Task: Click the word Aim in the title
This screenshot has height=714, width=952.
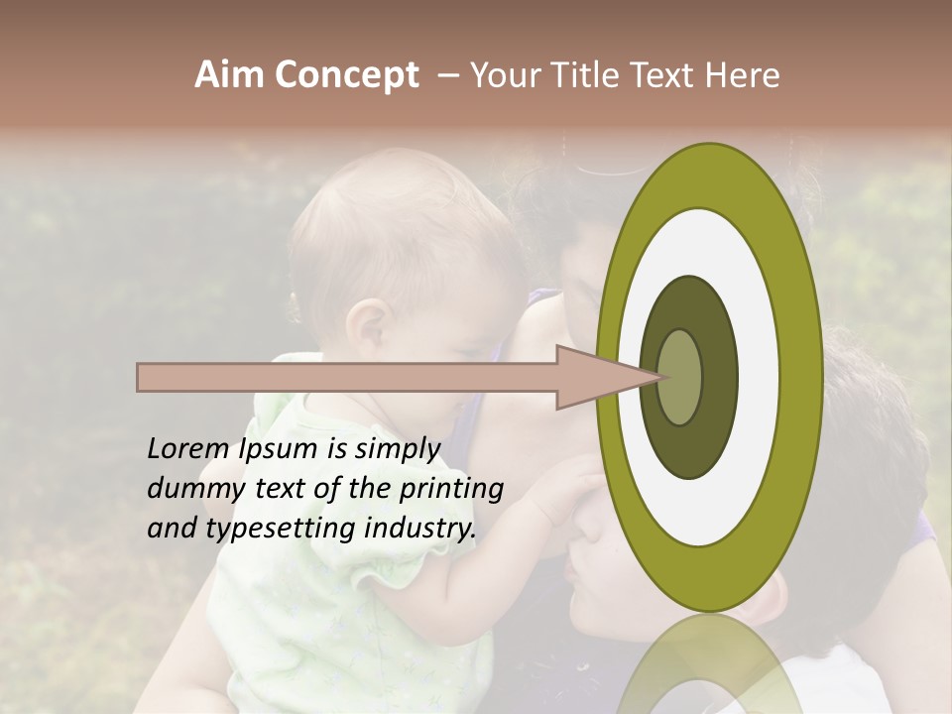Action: [x=229, y=75]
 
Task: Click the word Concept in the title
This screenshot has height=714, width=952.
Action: [x=346, y=75]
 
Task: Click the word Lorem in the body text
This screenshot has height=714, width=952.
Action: [x=188, y=449]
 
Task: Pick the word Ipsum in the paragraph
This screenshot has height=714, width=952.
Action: [x=282, y=449]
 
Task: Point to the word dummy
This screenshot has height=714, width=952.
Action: [x=188, y=489]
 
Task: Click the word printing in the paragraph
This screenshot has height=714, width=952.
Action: [x=451, y=489]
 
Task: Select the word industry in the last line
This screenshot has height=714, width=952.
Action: [x=418, y=529]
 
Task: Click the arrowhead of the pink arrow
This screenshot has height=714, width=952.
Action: [x=605, y=377]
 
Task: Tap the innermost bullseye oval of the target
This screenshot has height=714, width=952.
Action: [x=680, y=378]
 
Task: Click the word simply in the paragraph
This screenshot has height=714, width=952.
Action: [x=395, y=449]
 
